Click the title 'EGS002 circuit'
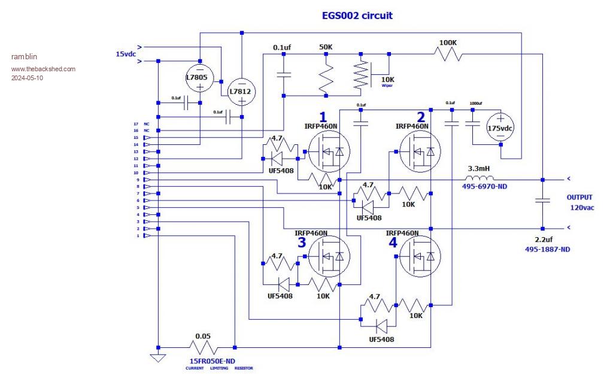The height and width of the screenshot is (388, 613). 357,16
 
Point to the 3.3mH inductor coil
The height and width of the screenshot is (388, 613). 480,178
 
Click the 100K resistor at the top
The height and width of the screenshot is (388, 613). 448,54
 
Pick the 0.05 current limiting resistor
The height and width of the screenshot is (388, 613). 204,347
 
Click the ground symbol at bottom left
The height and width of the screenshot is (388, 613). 158,358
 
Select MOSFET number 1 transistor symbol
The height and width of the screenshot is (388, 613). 327,152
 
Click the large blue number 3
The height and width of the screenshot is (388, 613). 302,243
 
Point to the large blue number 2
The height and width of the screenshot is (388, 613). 421,117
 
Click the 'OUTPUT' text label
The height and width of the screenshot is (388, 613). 579,197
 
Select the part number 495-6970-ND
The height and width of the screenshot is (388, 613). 485,187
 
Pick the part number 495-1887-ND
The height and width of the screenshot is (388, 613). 548,248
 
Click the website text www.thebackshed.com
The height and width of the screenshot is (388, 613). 43,69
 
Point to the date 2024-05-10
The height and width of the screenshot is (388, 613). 27,78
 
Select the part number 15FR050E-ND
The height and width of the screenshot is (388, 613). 213,361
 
